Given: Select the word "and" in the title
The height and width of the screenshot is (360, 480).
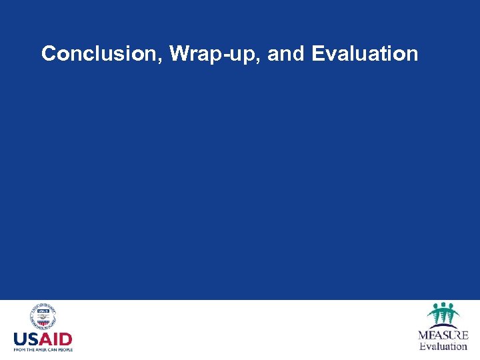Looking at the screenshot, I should pos(285,53).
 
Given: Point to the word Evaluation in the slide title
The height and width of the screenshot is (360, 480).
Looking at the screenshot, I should pos(364,53).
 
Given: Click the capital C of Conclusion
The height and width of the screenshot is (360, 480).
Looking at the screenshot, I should pos(48,53).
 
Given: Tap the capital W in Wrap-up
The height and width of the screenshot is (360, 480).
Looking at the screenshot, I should pos(180,53).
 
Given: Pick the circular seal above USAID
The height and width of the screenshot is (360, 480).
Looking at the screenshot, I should pos(43,317).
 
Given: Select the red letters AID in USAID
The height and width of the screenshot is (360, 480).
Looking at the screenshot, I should pos(59,338).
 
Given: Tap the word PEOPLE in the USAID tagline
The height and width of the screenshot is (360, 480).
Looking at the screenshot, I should pos(63,349).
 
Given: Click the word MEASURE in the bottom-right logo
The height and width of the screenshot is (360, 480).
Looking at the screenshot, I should pos(443,335).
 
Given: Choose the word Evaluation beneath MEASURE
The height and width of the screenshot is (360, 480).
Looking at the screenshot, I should pos(443,346).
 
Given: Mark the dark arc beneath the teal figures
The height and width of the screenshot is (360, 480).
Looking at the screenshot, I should pos(443,326).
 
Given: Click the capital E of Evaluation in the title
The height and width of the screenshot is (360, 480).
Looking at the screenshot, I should pos(317,53).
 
